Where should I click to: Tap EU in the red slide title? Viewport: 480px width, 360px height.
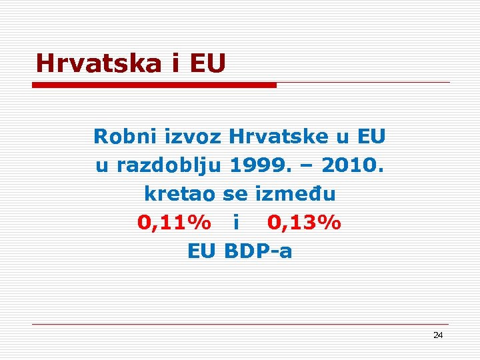(207, 64)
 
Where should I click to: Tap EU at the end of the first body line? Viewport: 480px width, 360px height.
(371, 137)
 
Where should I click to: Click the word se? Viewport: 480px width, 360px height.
(235, 194)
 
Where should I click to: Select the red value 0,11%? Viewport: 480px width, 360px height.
(175, 223)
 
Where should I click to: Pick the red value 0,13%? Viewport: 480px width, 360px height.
(304, 223)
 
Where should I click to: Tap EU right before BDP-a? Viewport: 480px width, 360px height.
(203, 251)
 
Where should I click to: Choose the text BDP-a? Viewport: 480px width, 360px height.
(259, 251)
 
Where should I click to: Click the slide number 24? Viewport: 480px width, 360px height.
(437, 335)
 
